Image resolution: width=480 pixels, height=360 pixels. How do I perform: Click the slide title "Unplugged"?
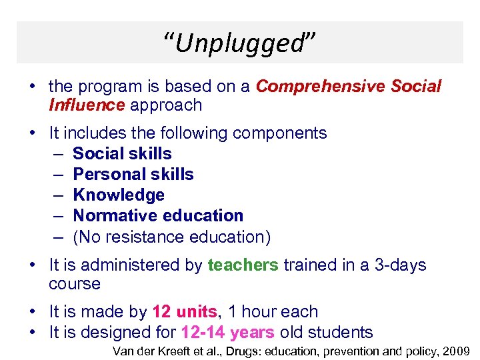pos(239,43)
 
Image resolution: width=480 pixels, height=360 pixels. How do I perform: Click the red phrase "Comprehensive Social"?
pos(349,87)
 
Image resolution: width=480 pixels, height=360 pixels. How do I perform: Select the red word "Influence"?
pos(87,105)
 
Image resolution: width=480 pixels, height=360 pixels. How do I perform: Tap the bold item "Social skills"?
pos(122,153)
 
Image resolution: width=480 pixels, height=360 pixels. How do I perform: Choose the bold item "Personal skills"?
pos(133,174)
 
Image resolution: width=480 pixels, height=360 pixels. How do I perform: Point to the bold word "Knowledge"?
pos(119,195)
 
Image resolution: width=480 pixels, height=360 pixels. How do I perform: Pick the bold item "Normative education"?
pos(158,215)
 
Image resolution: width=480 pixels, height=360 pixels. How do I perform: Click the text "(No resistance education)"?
pos(171,237)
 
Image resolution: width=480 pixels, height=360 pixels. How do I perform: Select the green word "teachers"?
pos(243,265)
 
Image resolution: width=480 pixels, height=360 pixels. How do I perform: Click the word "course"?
pos(75,284)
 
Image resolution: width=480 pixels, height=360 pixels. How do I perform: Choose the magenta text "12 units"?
pos(185,312)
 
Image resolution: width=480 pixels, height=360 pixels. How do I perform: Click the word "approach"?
pos(166,105)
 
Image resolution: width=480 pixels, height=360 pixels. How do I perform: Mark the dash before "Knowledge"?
pos(58,195)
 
